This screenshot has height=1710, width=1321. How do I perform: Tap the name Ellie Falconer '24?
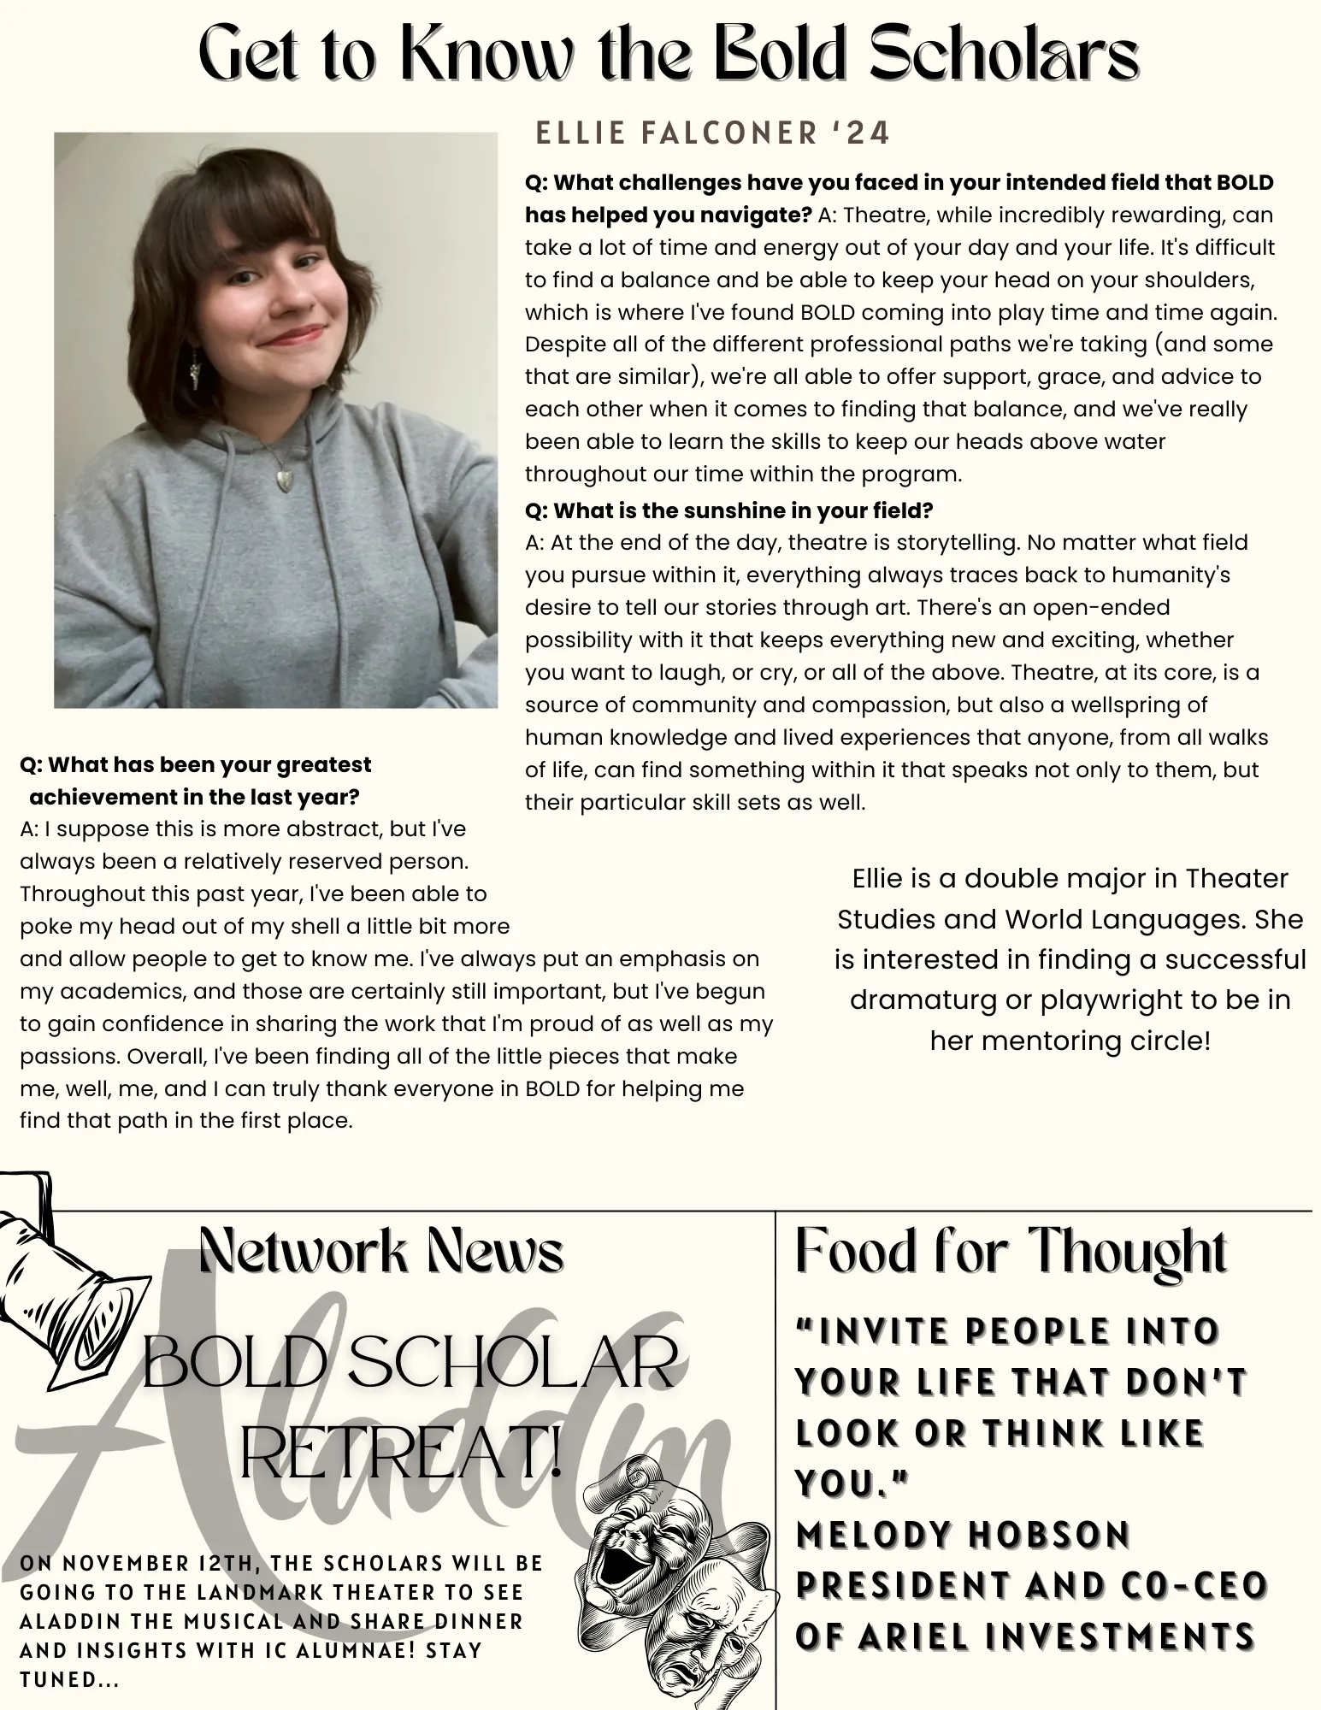coord(712,133)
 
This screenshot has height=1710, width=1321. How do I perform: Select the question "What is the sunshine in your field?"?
coord(728,510)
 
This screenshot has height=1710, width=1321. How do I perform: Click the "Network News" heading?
coord(381,1251)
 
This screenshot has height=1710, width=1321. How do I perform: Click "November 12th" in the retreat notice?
coord(151,1564)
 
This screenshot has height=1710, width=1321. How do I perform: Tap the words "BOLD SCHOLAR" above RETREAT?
coord(409,1364)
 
